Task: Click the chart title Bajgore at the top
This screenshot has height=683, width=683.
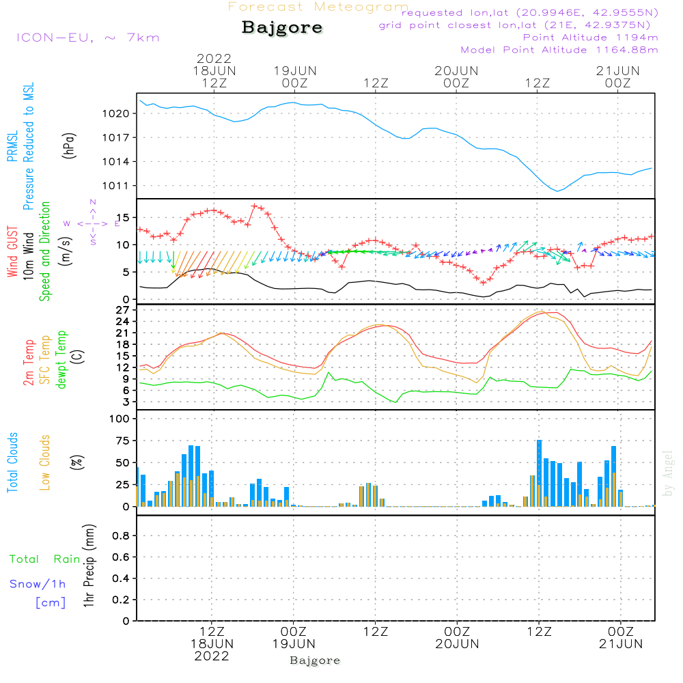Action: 282,28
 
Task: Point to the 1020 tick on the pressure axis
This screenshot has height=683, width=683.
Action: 115,113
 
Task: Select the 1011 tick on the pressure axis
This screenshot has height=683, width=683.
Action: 115,186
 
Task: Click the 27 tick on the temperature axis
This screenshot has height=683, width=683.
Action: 122,309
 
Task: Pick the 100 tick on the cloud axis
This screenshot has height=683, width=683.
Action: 119,419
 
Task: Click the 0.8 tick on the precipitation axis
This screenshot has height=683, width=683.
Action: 121,535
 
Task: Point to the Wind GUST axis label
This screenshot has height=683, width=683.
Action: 12,251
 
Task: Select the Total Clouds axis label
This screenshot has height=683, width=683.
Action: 12,462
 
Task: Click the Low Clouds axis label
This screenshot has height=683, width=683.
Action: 45,462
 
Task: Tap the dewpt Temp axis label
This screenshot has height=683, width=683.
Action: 61,359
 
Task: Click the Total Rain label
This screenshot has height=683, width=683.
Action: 45,559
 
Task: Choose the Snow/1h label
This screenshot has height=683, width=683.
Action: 38,584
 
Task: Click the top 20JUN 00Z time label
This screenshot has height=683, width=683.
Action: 456,77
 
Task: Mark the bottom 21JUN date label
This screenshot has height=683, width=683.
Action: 621,644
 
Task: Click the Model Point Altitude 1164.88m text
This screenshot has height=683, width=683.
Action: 559,50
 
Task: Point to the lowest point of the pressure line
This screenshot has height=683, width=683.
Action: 557,191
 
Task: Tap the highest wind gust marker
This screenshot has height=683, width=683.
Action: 254,206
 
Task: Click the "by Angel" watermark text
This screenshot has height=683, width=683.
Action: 667,473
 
